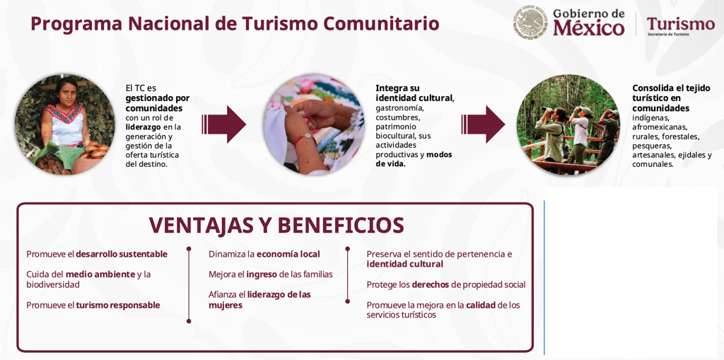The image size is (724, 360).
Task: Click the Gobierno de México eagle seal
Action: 530,22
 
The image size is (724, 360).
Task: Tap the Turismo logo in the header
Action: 681,25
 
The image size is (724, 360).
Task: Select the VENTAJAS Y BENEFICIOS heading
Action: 276,225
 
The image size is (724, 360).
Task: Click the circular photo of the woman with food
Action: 64,124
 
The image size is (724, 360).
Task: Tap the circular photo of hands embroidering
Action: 314,124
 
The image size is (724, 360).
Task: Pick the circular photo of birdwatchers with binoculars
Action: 568,124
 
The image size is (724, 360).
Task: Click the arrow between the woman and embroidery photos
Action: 223,124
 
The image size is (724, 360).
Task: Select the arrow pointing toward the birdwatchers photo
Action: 483,124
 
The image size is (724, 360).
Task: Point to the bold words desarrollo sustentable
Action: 122,254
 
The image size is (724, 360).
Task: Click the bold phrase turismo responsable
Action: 118,305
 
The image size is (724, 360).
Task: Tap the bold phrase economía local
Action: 288,254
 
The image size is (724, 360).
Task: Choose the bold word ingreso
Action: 262,274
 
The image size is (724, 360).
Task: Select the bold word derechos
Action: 431,284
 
